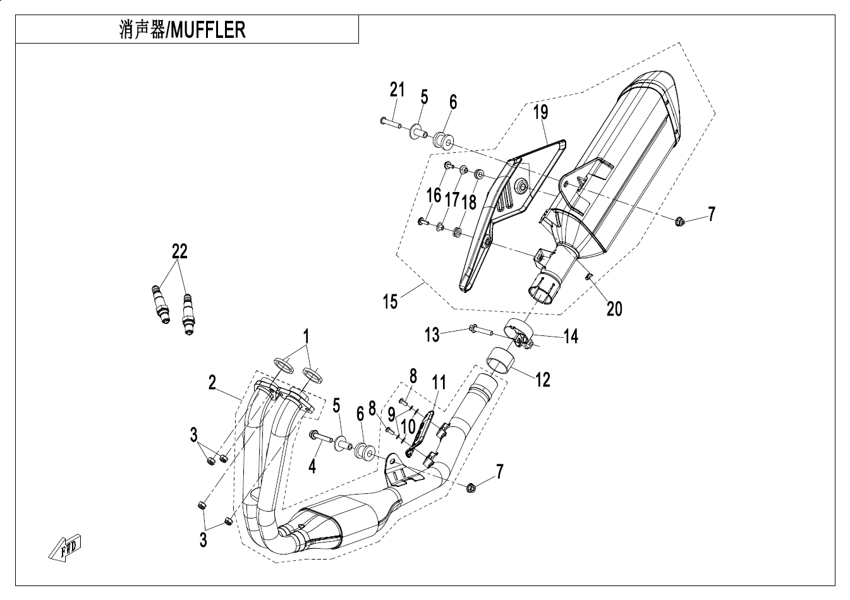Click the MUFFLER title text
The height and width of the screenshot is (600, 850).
tap(182, 30)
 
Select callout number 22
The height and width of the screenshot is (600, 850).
tap(179, 252)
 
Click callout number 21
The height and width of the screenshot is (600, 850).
tap(396, 90)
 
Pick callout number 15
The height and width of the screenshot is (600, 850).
tap(391, 301)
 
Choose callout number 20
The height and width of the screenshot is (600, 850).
tap(614, 308)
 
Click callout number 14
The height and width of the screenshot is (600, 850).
tap(571, 336)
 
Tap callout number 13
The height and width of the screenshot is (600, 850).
tap(432, 334)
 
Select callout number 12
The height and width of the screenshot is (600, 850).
tap(542, 379)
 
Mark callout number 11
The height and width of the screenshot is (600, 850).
tap(439, 382)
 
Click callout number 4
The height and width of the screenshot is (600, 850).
tap(312, 466)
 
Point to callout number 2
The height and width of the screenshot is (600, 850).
tap(212, 382)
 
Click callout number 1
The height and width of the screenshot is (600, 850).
tap(306, 336)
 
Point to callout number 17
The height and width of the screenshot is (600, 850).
tap(451, 200)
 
